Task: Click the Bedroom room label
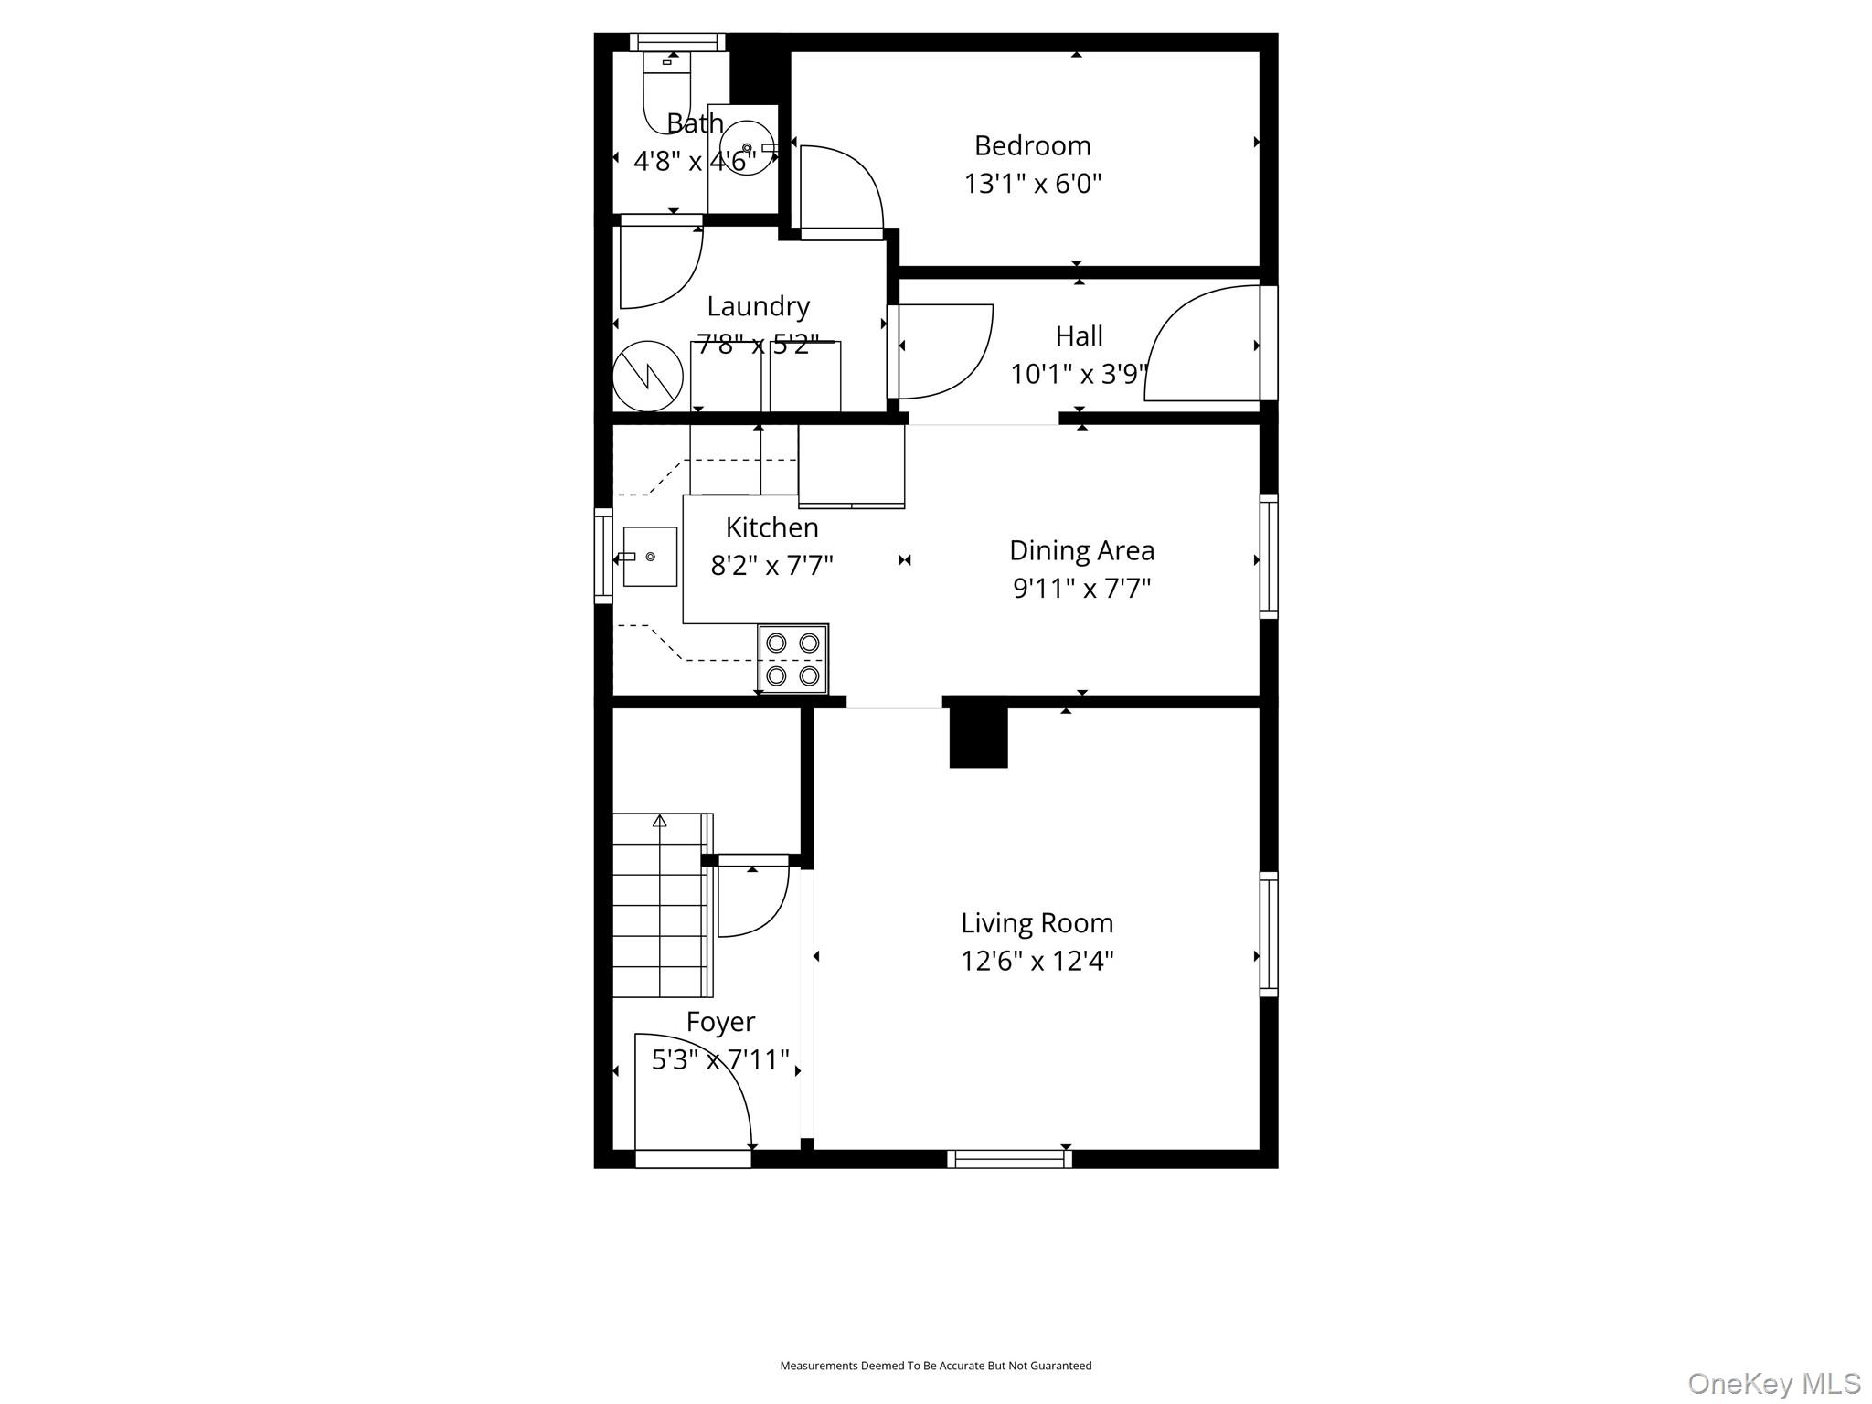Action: [1032, 146]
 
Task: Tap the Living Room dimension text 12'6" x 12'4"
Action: [1037, 962]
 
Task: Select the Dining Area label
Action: [1081, 550]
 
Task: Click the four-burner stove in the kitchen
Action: [792, 659]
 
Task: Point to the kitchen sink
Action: [650, 557]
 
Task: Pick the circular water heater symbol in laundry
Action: [647, 376]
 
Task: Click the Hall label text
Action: [1079, 336]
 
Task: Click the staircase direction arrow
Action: [659, 821]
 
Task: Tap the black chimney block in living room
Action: [978, 739]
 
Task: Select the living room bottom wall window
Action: [1009, 1159]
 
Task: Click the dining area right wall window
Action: [1269, 556]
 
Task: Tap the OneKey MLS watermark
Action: [1774, 1383]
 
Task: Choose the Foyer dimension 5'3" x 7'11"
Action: [719, 1060]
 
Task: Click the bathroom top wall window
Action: [677, 42]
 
